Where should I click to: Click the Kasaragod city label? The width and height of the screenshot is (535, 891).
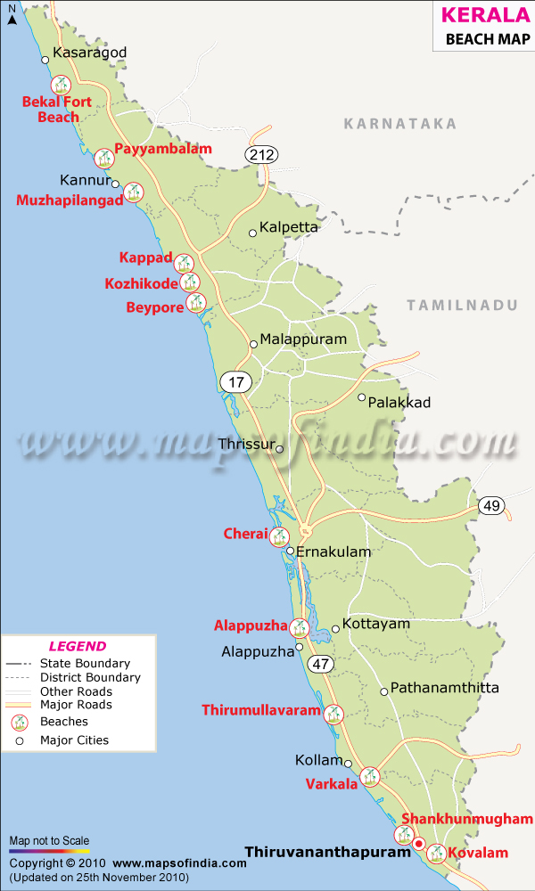[90, 53]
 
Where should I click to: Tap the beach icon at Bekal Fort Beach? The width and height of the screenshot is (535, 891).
[61, 86]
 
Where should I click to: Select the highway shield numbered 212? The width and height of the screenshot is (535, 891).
[262, 155]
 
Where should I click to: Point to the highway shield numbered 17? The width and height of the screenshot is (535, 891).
[236, 382]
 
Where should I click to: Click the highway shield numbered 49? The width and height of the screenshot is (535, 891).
[490, 506]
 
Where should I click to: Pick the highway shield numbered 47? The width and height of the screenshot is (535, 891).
[321, 664]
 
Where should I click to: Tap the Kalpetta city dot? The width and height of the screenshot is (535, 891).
[252, 233]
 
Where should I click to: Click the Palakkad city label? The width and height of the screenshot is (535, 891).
[399, 403]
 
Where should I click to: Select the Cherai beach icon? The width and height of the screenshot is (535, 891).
[280, 535]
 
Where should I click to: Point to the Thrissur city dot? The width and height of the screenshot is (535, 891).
[279, 449]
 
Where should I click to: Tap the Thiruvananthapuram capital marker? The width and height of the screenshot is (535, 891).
[418, 841]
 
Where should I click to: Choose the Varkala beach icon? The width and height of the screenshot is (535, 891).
[370, 777]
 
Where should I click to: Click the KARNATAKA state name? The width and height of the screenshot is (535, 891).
[400, 124]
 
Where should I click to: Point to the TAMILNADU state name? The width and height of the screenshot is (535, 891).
[462, 305]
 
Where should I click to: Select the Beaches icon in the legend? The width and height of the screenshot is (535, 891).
[18, 723]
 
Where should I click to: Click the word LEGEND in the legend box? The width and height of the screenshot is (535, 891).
[77, 647]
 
